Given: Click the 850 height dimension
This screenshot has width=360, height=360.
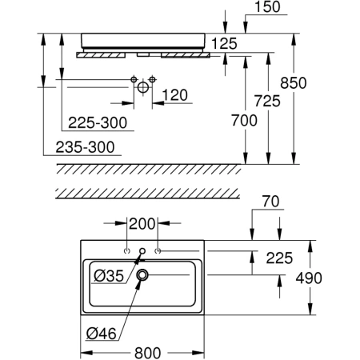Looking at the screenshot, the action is click(x=294, y=83).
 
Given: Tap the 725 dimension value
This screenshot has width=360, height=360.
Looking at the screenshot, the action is click(x=267, y=101).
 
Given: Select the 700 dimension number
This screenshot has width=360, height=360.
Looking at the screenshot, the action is click(x=244, y=120).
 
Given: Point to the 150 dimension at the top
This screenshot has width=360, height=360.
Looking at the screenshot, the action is click(x=267, y=7).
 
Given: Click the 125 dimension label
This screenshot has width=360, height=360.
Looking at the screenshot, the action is click(x=224, y=43).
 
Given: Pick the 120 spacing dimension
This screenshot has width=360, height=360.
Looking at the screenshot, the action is click(x=175, y=95).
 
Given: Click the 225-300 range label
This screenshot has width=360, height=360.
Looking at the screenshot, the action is click(x=98, y=123).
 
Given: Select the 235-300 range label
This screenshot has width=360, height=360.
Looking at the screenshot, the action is click(x=85, y=147).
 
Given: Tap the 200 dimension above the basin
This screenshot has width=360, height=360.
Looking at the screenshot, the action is click(x=142, y=224).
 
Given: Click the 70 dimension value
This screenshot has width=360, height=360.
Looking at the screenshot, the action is click(x=271, y=202).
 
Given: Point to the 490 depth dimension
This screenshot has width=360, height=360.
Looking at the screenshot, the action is click(x=309, y=278).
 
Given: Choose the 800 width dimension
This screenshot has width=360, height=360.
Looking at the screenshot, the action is click(x=148, y=353).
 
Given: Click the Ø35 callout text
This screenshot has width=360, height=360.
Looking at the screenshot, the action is click(x=109, y=275).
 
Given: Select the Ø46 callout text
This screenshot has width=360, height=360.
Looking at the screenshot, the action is click(x=102, y=334).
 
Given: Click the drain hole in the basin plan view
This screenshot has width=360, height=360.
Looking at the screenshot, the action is click(x=142, y=274).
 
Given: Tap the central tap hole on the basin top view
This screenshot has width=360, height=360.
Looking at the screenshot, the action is click(x=142, y=250).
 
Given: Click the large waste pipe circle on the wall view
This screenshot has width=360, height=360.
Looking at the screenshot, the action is click(x=143, y=87).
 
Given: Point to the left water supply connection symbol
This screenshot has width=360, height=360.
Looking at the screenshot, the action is click(x=134, y=79).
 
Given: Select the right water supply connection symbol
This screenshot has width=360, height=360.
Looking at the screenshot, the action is click(x=152, y=79).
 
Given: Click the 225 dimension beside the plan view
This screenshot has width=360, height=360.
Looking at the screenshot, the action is click(x=279, y=258).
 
